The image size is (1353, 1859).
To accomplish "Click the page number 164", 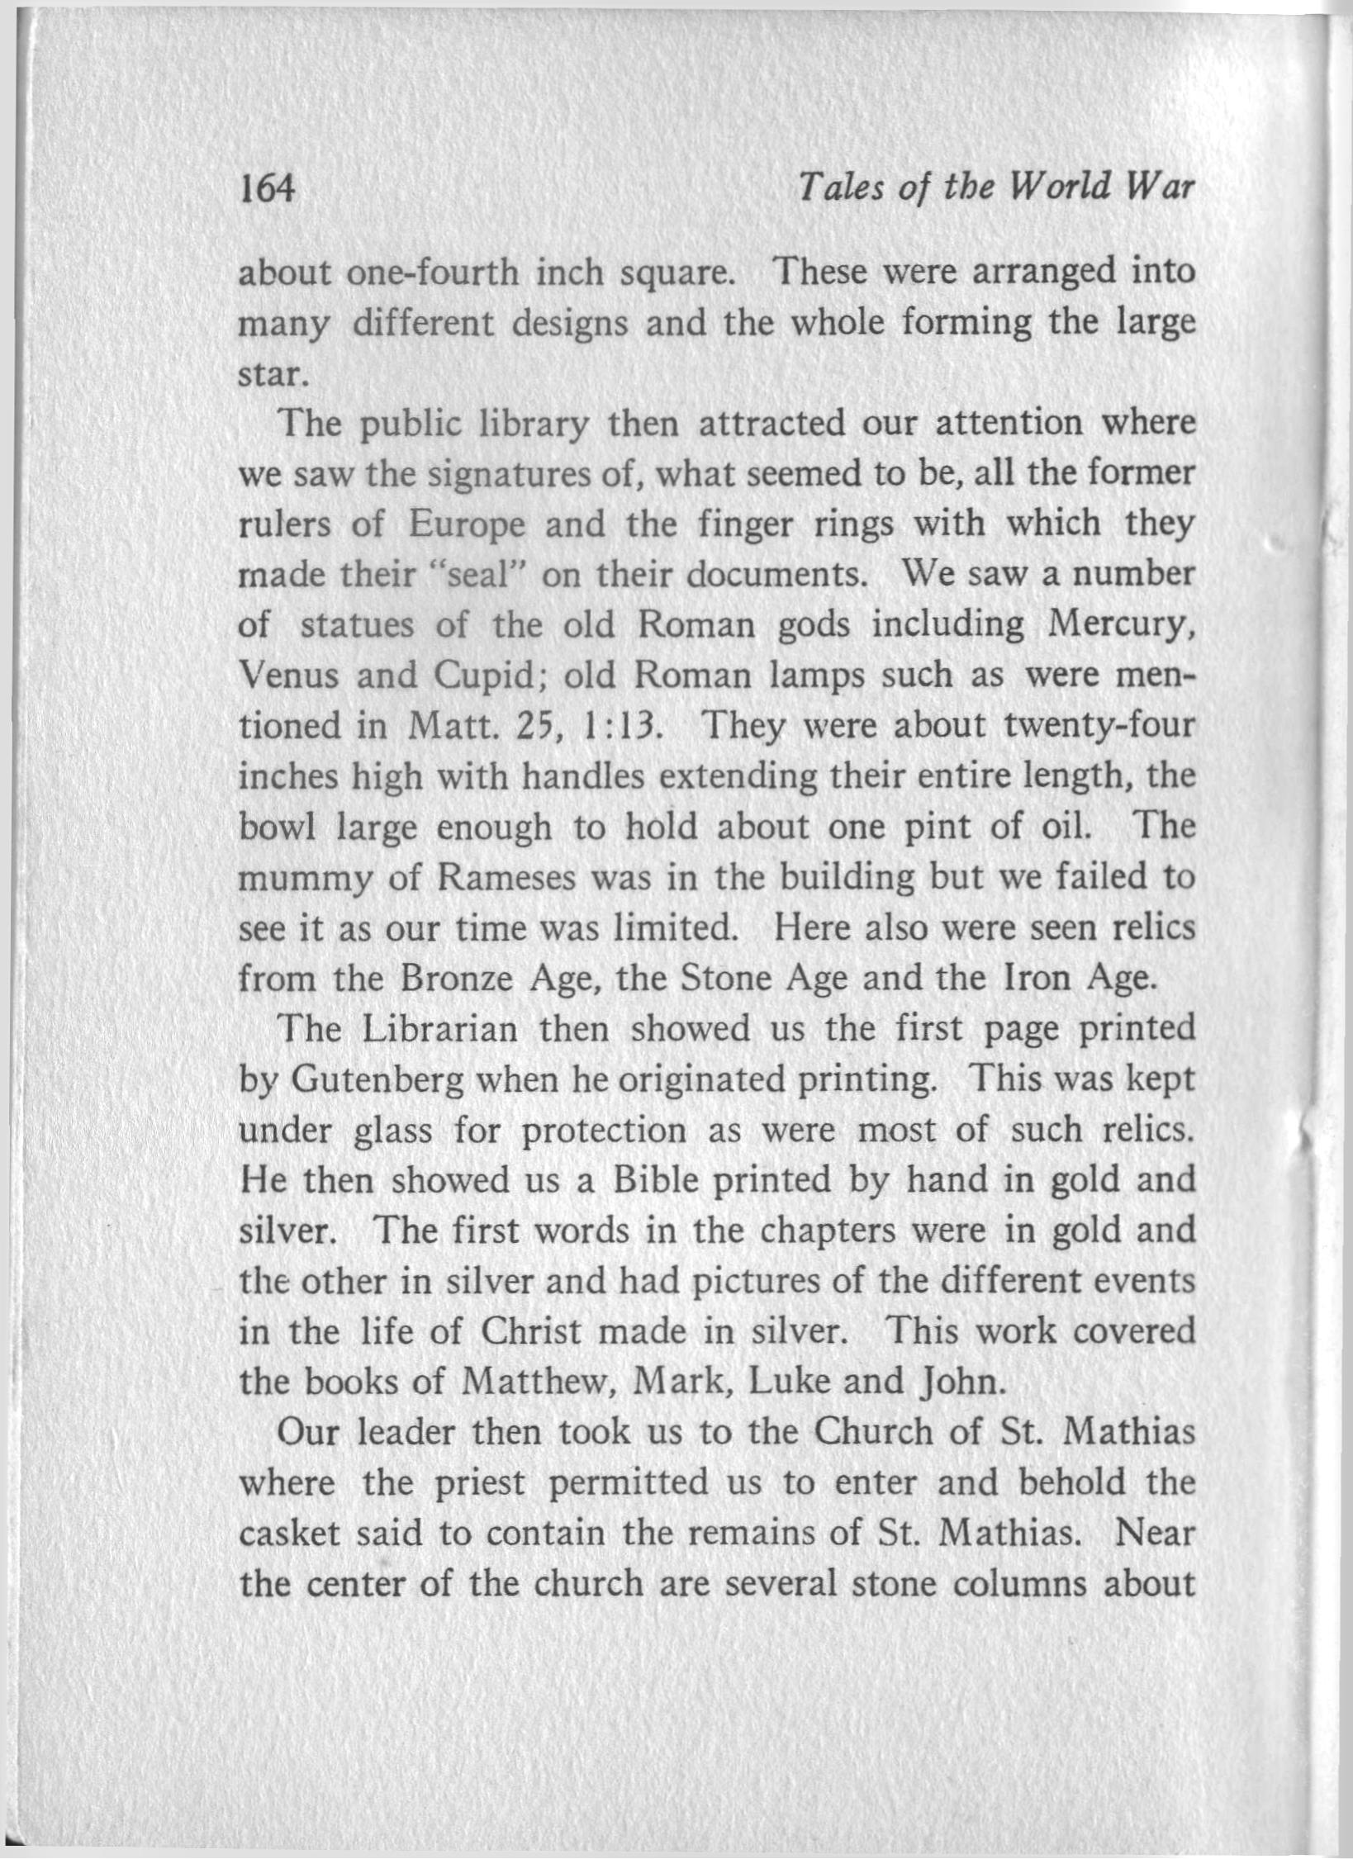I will (x=266, y=192).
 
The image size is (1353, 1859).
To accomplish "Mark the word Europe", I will (x=467, y=524).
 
